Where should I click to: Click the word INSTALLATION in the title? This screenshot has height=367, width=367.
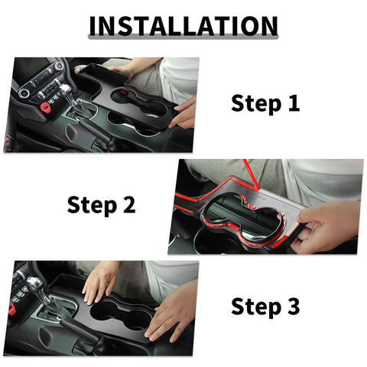click(x=183, y=25)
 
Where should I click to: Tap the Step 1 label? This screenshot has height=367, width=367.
click(x=265, y=103)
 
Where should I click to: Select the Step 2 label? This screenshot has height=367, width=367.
click(x=101, y=205)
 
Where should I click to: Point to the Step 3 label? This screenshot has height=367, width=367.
click(x=265, y=307)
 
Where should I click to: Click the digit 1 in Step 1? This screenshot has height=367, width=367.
click(x=292, y=103)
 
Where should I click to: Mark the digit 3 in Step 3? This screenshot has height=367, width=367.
click(x=292, y=307)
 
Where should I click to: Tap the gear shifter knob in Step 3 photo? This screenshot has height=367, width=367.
click(x=35, y=286)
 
